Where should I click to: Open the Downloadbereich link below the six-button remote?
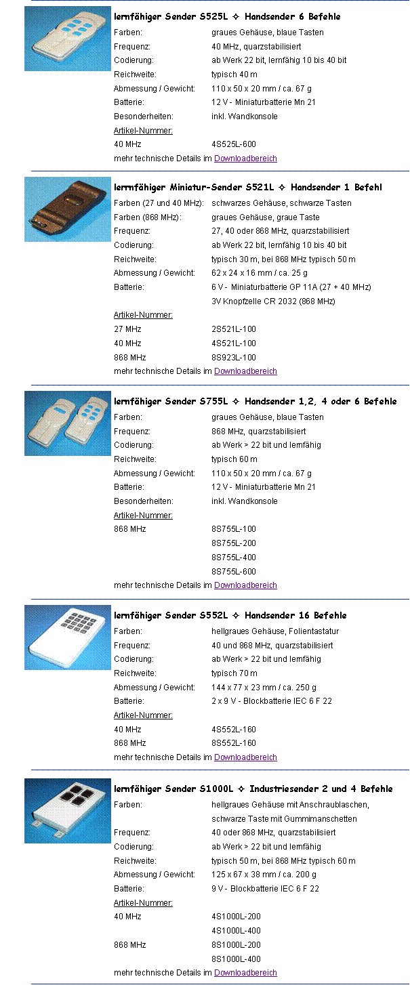(x=245, y=159)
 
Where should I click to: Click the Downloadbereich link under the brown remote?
(x=245, y=371)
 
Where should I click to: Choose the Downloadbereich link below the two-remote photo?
(x=245, y=585)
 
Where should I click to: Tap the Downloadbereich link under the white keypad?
(x=245, y=757)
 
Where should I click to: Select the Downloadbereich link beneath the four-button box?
(x=245, y=973)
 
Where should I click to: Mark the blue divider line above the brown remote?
(x=220, y=171)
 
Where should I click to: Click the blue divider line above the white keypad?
(x=220, y=599)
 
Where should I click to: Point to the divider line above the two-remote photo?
(x=220, y=385)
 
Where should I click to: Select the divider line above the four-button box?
(x=220, y=770)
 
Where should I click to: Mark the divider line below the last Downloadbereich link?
(x=220, y=984)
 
